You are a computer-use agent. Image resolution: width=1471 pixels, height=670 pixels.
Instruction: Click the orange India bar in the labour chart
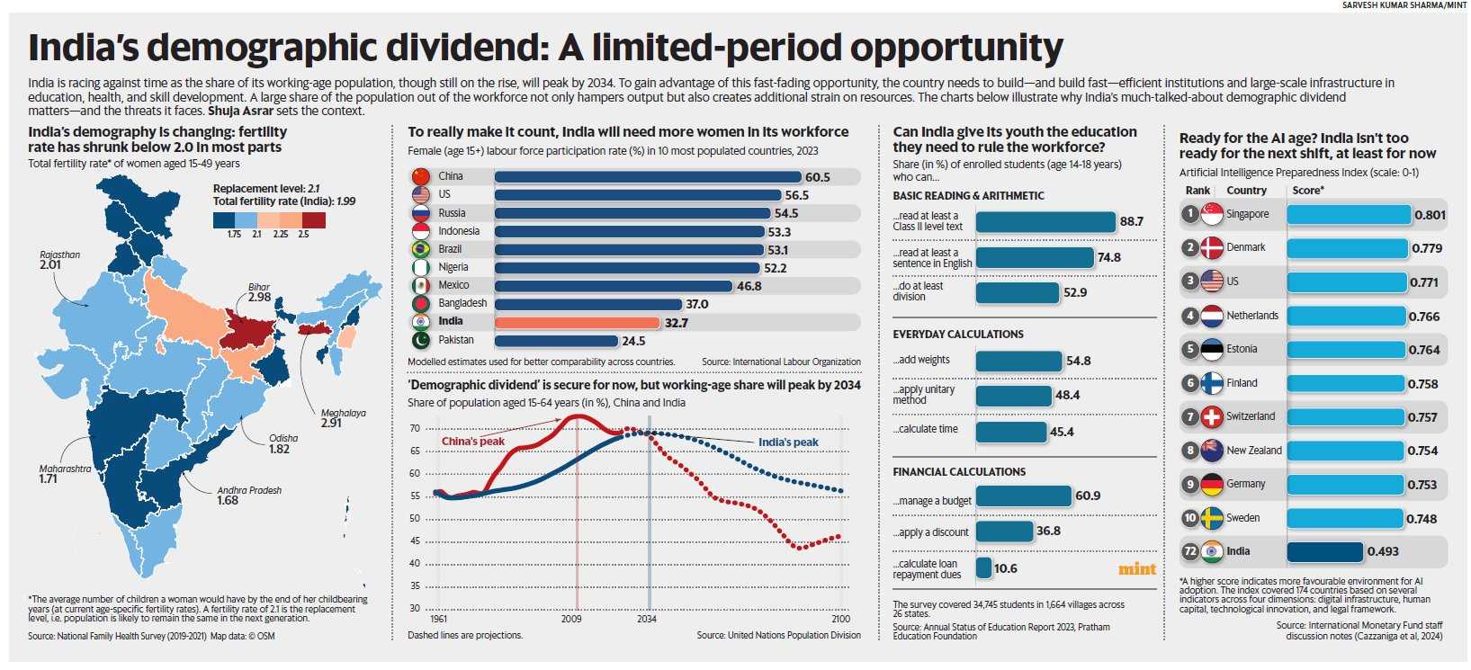click(x=577, y=322)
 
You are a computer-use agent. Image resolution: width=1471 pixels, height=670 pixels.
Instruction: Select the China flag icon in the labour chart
click(x=420, y=176)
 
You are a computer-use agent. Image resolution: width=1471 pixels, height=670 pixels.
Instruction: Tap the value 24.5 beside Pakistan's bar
click(x=633, y=341)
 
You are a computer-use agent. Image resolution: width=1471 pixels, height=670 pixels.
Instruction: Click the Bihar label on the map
click(x=259, y=287)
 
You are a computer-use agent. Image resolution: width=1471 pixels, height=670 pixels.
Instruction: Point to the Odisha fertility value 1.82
click(x=279, y=449)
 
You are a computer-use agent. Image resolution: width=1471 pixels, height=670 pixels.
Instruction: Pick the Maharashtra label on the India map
click(x=65, y=469)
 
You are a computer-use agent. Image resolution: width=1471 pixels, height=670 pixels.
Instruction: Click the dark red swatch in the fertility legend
click(x=314, y=219)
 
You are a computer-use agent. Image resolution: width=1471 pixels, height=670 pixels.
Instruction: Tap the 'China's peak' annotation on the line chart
click(x=473, y=442)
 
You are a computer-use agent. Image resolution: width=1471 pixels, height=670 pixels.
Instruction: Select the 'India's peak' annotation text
click(x=788, y=442)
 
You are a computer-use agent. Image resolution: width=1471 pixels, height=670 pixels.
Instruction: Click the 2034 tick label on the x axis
click(x=647, y=619)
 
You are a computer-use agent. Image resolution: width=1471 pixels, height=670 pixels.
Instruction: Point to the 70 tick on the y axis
click(x=415, y=428)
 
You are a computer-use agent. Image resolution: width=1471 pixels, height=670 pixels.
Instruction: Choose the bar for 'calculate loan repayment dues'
click(x=983, y=568)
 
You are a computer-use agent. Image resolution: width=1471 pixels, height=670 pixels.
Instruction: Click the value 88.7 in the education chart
click(x=1131, y=221)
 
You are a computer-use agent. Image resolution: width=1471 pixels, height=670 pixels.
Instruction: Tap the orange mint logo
click(x=1136, y=568)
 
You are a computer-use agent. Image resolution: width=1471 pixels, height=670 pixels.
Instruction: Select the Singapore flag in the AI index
click(x=1212, y=214)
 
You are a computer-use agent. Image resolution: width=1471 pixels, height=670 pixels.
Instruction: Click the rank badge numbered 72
click(x=1189, y=551)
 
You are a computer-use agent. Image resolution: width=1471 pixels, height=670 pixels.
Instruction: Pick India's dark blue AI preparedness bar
click(x=1324, y=551)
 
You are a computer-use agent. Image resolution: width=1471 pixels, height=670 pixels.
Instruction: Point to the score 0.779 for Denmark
click(x=1427, y=248)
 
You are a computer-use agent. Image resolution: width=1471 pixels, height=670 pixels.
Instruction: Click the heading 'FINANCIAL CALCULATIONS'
click(x=959, y=471)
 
